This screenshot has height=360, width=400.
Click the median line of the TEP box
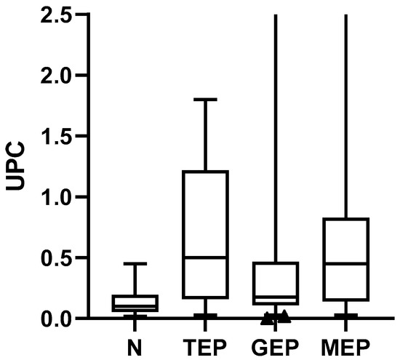tap(205, 257)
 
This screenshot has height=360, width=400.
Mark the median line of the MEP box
tap(345, 263)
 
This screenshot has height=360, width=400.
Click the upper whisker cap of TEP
tap(205, 99)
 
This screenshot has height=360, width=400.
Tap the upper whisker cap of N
tap(135, 263)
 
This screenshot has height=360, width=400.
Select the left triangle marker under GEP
tap(268, 317)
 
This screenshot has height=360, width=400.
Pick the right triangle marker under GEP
tap(284, 316)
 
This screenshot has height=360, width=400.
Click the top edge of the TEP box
tap(205, 172)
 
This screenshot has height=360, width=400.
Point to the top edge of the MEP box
tap(345, 219)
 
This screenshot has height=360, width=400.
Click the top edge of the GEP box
tap(275, 263)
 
